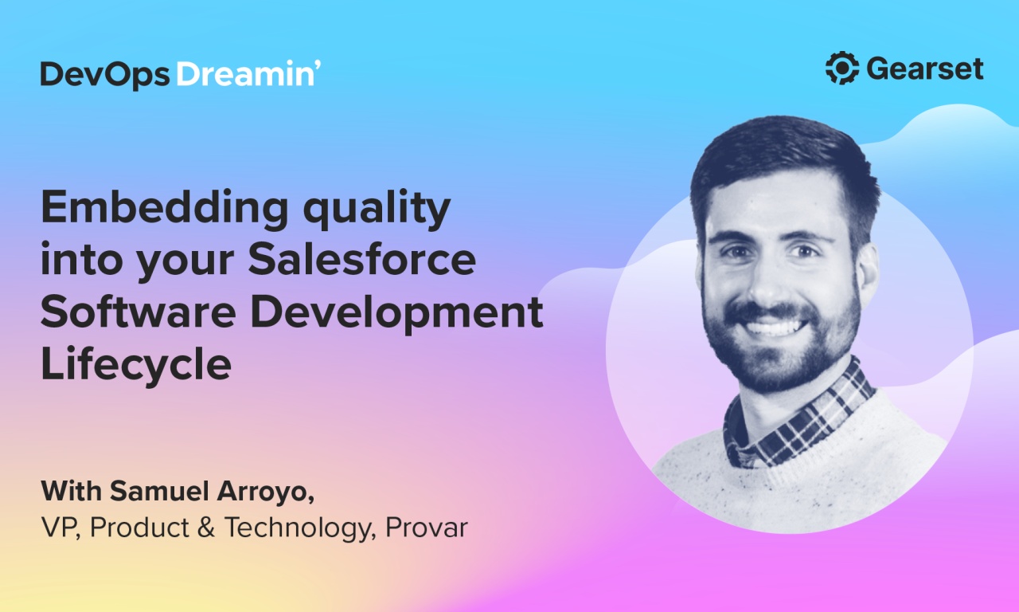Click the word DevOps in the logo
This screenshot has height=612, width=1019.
coord(104,74)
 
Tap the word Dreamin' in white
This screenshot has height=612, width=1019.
coord(248,74)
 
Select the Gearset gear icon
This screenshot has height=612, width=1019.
coord(841,69)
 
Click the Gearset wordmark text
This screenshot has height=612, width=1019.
coord(925,69)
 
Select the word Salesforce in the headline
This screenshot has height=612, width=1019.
coord(363,261)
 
